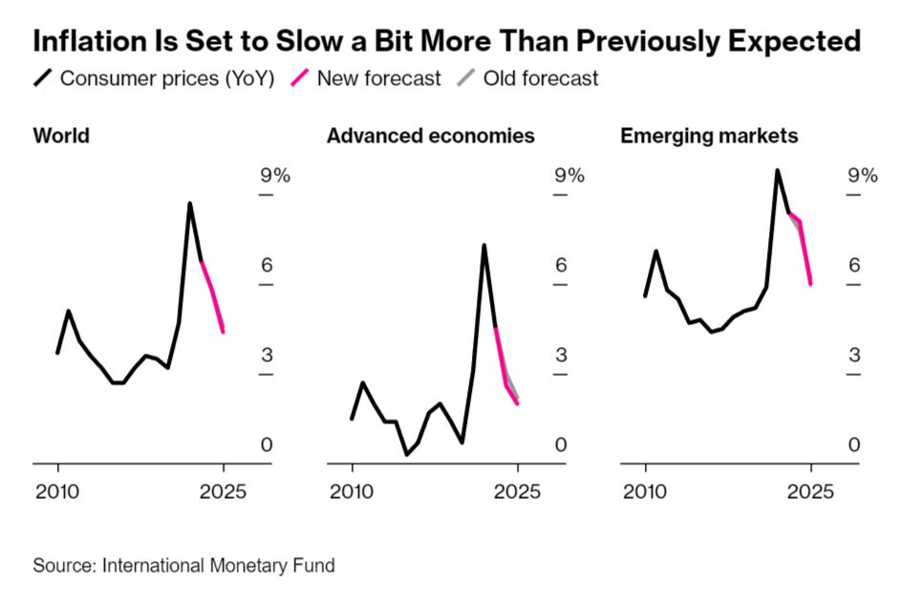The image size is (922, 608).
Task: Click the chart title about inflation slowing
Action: [447, 41]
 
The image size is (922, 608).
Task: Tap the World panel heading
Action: [61, 136]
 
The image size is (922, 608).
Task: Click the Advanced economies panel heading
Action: [430, 136]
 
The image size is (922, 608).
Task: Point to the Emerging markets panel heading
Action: [709, 136]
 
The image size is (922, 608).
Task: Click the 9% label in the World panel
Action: [275, 175]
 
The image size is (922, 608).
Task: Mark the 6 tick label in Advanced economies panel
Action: [561, 265]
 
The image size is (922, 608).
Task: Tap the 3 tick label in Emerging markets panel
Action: [855, 355]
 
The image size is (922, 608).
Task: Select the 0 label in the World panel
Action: [267, 445]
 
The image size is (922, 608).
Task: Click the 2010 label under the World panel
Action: [58, 492]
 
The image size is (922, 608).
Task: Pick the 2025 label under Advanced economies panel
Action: [518, 492]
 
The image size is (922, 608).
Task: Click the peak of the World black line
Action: [190, 204]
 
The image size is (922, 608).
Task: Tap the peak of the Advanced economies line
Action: [484, 246]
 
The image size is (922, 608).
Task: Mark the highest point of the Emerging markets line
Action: [778, 171]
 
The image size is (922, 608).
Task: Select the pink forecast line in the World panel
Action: [213, 294]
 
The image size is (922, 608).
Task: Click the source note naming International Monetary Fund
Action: [184, 565]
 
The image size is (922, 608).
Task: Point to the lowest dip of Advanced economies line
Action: [406, 454]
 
